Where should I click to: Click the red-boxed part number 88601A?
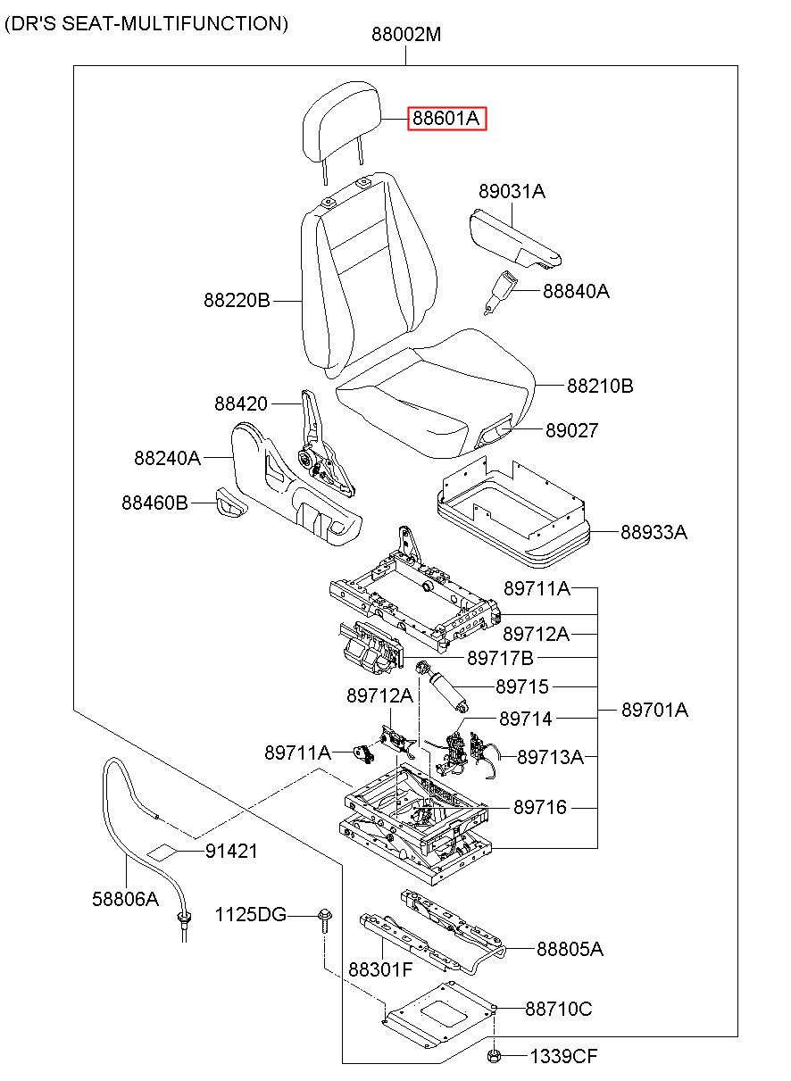(x=447, y=119)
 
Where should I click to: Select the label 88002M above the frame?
(x=406, y=36)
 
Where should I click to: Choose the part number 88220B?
(x=237, y=302)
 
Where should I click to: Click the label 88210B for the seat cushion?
(x=600, y=387)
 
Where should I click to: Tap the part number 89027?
(x=572, y=431)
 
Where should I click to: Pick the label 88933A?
(x=654, y=533)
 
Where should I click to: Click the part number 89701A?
(x=654, y=711)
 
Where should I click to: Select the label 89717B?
(x=500, y=659)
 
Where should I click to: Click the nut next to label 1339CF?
(x=494, y=1057)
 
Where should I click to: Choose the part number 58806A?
(x=125, y=900)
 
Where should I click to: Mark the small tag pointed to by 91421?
(x=162, y=852)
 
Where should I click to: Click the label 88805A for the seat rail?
(x=570, y=950)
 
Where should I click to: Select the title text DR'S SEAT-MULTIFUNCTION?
(x=146, y=24)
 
